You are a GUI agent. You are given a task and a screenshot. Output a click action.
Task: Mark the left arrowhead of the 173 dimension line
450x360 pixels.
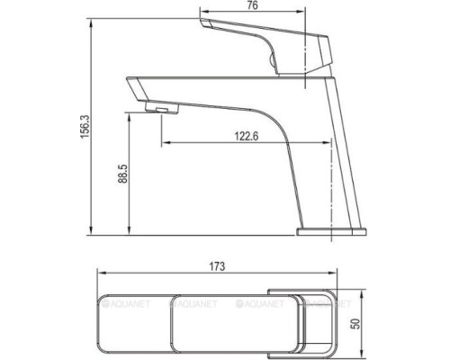[100, 274]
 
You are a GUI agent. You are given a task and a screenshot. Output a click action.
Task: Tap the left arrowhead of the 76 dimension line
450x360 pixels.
[201, 16]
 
